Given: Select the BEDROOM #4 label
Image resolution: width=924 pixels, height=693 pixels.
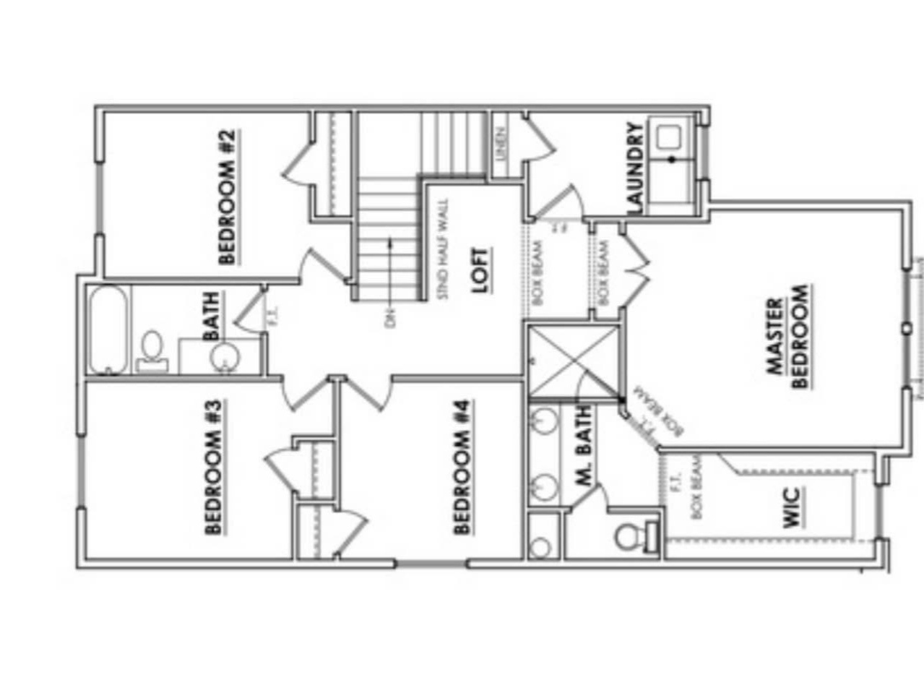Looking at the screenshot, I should tap(462, 468).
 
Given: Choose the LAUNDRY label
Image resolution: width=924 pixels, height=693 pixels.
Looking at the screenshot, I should tap(634, 168).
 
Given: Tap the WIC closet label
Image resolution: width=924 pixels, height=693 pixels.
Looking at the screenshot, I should tap(792, 507).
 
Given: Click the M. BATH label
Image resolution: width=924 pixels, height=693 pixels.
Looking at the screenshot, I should tap(584, 444).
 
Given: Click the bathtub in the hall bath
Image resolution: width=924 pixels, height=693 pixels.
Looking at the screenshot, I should tap(108, 330).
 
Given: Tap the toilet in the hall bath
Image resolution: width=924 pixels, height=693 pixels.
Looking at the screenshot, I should tap(152, 350).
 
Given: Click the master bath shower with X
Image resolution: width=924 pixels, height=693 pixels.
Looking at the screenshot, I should tap(574, 362).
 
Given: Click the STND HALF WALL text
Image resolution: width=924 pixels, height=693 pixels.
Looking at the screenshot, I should tap(443, 249).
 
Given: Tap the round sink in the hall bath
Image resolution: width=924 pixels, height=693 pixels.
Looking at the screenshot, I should tap(224, 357).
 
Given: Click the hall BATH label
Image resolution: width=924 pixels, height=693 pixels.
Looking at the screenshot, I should tap(212, 316).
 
